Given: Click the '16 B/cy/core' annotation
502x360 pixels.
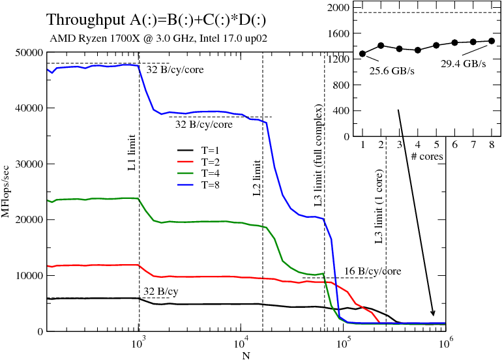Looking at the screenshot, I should pos(372,271).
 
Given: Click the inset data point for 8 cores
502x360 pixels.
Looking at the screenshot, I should pos(492,40).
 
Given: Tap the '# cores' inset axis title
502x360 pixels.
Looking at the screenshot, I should pos(427,157).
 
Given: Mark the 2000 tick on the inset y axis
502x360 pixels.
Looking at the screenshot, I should pos(340,8).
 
